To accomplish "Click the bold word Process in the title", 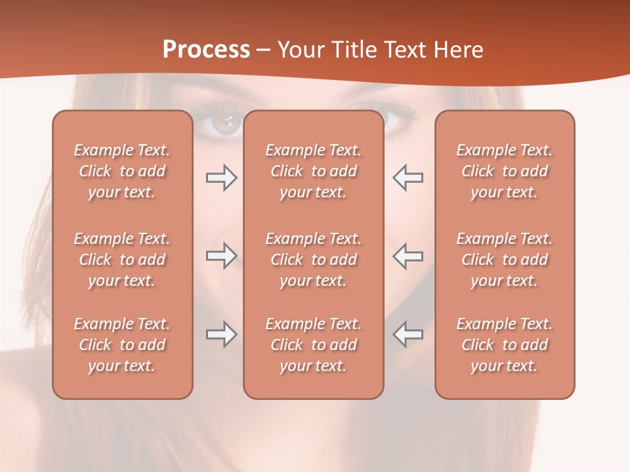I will tap(206, 50).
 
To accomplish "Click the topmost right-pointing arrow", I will tap(221, 178).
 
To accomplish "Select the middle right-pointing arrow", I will tap(221, 256).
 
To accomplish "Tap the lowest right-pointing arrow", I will tap(221, 334).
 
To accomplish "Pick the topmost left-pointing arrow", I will tap(408, 178).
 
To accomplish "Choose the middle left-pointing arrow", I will tap(408, 256).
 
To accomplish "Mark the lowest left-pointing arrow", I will tap(408, 334).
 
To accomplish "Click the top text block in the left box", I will tap(122, 171).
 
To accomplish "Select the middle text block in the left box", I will tap(122, 260).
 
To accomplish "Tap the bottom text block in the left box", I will tap(122, 345).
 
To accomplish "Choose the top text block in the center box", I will tap(313, 171).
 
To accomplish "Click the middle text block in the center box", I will tap(313, 260).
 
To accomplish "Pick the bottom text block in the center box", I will tap(313, 345).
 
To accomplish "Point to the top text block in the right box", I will tap(504, 171).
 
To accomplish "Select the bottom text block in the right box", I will tap(504, 345).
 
